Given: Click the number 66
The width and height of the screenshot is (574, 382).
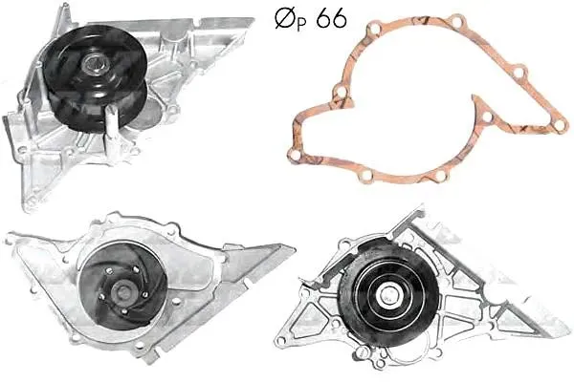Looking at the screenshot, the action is click(331, 18).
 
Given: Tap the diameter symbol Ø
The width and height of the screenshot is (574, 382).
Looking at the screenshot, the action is click(285, 18).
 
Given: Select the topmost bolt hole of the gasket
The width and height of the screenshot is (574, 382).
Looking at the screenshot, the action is click(456, 20).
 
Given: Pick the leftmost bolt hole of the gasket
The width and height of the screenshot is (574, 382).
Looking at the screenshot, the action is click(295, 155).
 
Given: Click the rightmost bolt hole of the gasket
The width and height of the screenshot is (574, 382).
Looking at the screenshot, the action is click(560, 125).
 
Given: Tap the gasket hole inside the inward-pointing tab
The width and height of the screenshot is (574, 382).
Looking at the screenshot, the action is click(487, 117).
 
